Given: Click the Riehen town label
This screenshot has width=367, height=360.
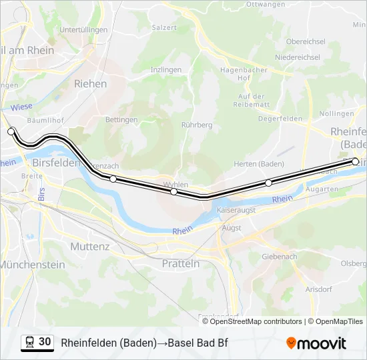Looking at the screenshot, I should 90,84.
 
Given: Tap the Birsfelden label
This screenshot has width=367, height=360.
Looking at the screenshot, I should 56,163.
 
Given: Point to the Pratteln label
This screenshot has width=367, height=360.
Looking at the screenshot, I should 181,264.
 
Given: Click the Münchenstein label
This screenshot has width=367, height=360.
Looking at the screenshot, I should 32,265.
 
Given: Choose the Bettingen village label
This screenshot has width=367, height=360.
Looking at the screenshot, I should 121,120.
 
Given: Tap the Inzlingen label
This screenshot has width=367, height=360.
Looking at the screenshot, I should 166,69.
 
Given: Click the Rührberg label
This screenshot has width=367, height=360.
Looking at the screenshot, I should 197,125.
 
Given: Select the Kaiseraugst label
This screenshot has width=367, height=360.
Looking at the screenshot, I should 237,210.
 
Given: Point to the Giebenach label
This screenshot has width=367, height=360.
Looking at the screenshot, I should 280,256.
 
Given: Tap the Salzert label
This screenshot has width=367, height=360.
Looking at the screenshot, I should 164,27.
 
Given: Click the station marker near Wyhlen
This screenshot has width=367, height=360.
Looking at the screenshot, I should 173,191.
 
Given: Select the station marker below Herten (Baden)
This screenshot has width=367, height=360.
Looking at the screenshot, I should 268,183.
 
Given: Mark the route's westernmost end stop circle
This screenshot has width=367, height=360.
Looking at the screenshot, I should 11,132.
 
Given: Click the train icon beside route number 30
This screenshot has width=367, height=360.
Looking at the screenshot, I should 29,343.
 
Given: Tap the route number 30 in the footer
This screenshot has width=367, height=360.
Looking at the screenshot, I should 45,342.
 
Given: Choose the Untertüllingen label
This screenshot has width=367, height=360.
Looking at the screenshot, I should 83,30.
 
